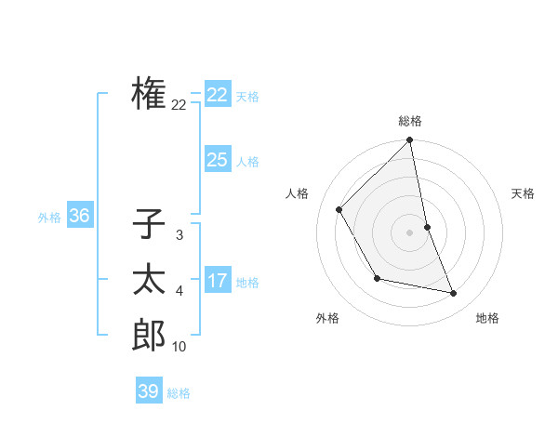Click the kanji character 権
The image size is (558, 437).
click(149, 93)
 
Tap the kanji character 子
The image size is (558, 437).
click(149, 225)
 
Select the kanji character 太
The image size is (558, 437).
click(149, 280)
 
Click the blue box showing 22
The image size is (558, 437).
click(218, 95)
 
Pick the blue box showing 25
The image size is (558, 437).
click(218, 160)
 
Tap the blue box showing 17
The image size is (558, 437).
click(218, 281)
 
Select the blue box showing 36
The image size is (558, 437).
click(80, 216)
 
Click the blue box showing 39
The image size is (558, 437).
click(149, 391)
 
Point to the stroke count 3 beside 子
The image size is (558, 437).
click(179, 236)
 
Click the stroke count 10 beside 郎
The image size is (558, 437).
click(179, 347)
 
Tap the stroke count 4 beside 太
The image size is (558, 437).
click(179, 292)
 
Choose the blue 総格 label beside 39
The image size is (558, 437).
click(179, 393)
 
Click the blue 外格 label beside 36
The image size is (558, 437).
click(49, 218)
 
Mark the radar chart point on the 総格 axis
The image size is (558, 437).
click(410, 141)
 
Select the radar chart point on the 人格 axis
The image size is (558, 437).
click(339, 209)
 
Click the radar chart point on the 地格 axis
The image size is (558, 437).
click(454, 293)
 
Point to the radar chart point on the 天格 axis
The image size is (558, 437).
click(427, 227)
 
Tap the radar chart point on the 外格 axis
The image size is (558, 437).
click(377, 278)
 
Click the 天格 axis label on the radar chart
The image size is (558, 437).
click(523, 193)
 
